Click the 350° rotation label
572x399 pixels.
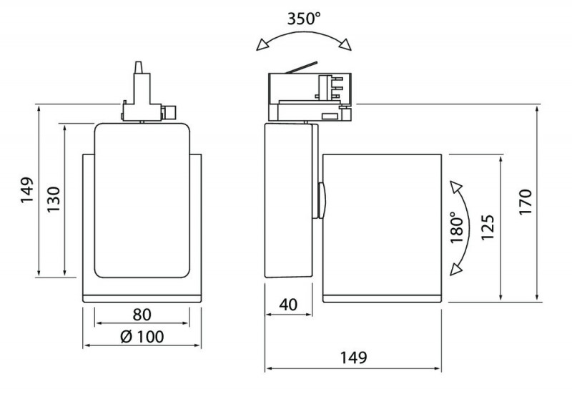[x=305, y=20]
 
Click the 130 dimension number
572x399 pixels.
[x=52, y=199]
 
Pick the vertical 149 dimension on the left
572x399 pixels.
[x=24, y=192]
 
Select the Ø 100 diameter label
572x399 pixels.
[x=142, y=335]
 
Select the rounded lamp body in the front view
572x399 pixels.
[x=143, y=200]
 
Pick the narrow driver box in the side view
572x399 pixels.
[x=289, y=200]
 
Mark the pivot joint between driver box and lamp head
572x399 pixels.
[x=320, y=201]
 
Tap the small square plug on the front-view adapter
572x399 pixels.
[x=172, y=112]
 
